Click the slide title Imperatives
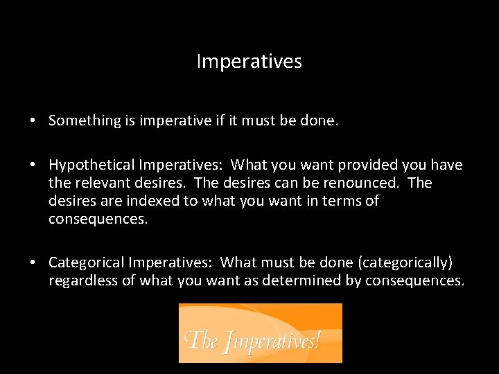pyautogui.click(x=249, y=62)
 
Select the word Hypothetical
pyautogui.click(x=91, y=165)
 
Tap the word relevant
pyautogui.click(x=99, y=183)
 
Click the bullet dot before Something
pyautogui.click(x=33, y=121)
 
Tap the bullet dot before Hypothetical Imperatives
pyautogui.click(x=33, y=165)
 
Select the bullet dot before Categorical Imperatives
pyautogui.click(x=33, y=262)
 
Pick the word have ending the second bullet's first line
pyautogui.click(x=446, y=165)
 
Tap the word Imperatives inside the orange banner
pyautogui.click(x=267, y=341)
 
